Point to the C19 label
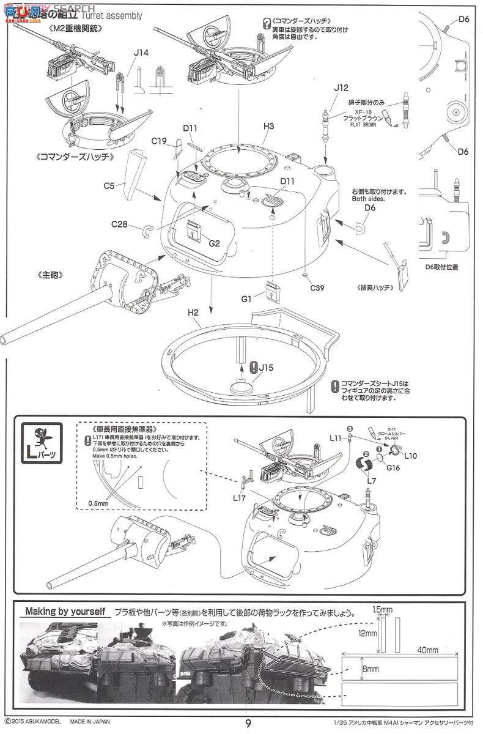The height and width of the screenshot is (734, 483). pyautogui.click(x=159, y=141)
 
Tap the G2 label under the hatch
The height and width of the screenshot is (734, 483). pyautogui.click(x=214, y=243)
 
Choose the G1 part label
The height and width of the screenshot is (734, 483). pyautogui.click(x=247, y=299)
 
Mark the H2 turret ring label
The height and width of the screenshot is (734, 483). pyautogui.click(x=194, y=312)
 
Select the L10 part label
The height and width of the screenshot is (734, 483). pyautogui.click(x=410, y=456)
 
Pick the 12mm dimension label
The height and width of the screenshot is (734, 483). pyautogui.click(x=367, y=634)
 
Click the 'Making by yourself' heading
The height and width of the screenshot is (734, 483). pyautogui.click(x=65, y=611)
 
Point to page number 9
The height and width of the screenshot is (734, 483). pyautogui.click(x=248, y=723)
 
